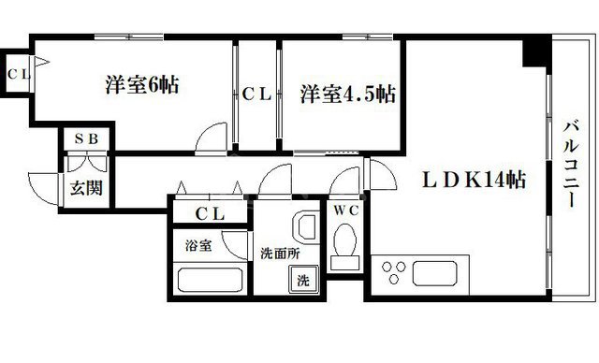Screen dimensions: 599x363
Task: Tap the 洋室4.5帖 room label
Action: [347, 94]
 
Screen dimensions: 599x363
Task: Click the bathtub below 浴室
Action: [212, 280]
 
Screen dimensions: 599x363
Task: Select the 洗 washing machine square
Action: [303, 279]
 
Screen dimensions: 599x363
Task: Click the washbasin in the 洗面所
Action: [304, 227]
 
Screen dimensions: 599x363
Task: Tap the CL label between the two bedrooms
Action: [256, 94]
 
